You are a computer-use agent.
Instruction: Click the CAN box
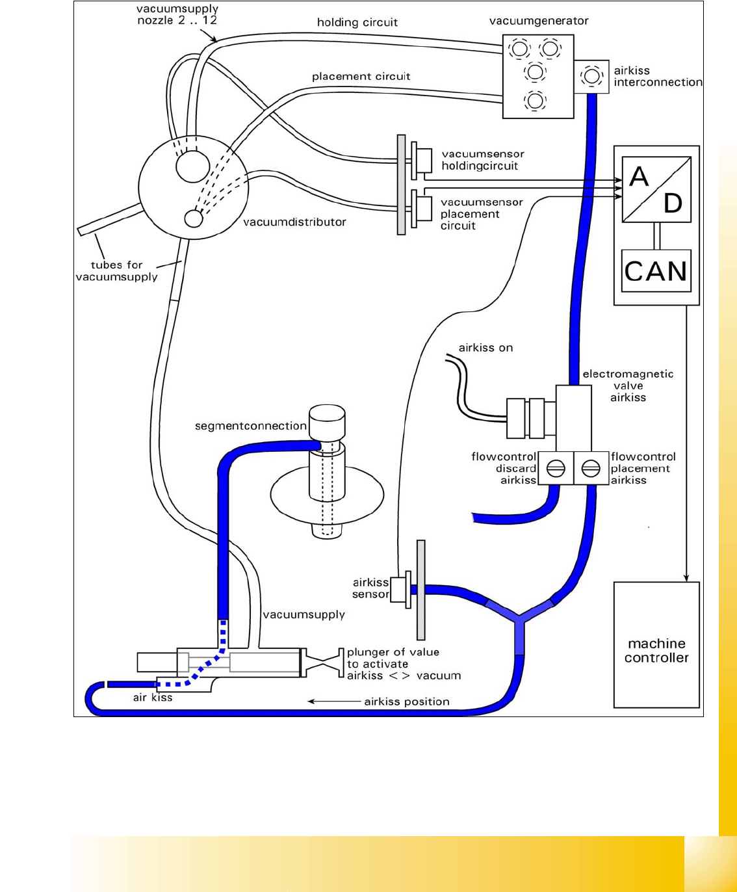tap(656, 270)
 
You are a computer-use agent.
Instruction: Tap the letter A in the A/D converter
tap(639, 177)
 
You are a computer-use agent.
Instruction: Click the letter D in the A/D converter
tap(673, 203)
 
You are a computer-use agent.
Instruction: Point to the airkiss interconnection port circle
tap(591, 76)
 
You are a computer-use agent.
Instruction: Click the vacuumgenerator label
tap(539, 21)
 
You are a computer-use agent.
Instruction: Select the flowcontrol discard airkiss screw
tap(556, 468)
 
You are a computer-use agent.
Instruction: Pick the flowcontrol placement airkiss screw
tap(590, 468)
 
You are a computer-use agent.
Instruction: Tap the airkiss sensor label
tap(370, 588)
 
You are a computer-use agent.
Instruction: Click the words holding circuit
tap(357, 23)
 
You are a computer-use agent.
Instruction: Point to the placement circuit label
tap(361, 77)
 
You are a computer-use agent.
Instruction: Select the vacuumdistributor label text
tap(294, 222)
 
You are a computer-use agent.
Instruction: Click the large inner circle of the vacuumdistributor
tap(193, 165)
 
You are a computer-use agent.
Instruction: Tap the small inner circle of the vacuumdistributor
tap(194, 218)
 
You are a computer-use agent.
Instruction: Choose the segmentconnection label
tap(251, 426)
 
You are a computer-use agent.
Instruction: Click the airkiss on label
tap(485, 348)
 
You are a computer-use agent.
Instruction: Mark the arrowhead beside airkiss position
tap(312, 702)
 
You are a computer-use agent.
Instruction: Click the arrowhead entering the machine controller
tap(686, 578)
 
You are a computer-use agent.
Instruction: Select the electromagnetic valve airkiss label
tap(628, 386)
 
